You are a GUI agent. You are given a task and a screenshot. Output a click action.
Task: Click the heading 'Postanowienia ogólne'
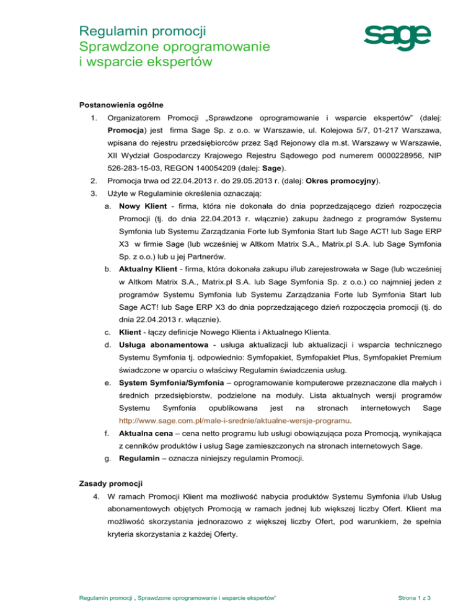[x=118, y=103]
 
